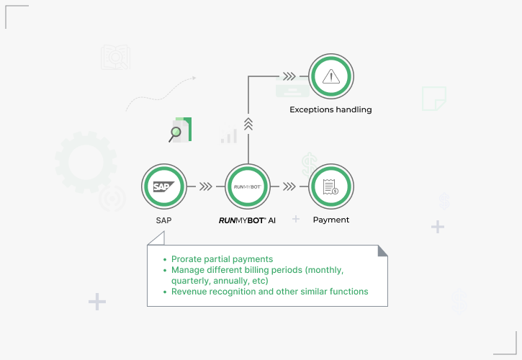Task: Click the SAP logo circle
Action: (x=163, y=186)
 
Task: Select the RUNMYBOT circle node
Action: (x=248, y=186)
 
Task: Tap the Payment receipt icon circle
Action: (x=331, y=186)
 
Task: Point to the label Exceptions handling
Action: (x=330, y=109)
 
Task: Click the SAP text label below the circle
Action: (x=163, y=220)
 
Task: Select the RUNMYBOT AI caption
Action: (x=247, y=220)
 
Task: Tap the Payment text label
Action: (x=331, y=220)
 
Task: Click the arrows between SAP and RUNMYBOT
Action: (x=205, y=186)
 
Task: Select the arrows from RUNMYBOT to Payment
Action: (x=289, y=186)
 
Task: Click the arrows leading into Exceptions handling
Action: (x=289, y=76)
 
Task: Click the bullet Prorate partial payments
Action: (x=222, y=258)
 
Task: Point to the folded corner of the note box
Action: (x=382, y=251)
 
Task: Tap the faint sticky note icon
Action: (x=433, y=97)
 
